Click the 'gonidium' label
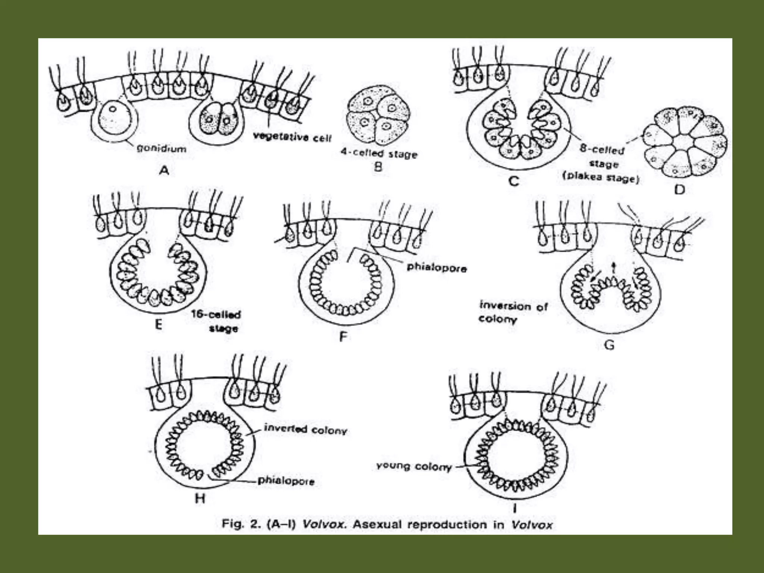[162, 148]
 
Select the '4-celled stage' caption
[379, 153]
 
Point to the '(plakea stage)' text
[601, 177]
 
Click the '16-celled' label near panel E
[216, 314]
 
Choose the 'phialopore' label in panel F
[436, 267]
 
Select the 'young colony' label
[414, 466]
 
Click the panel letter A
[164, 170]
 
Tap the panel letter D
[680, 190]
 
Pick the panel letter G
[609, 345]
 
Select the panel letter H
[200, 498]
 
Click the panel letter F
[343, 337]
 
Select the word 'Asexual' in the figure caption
[377, 524]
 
